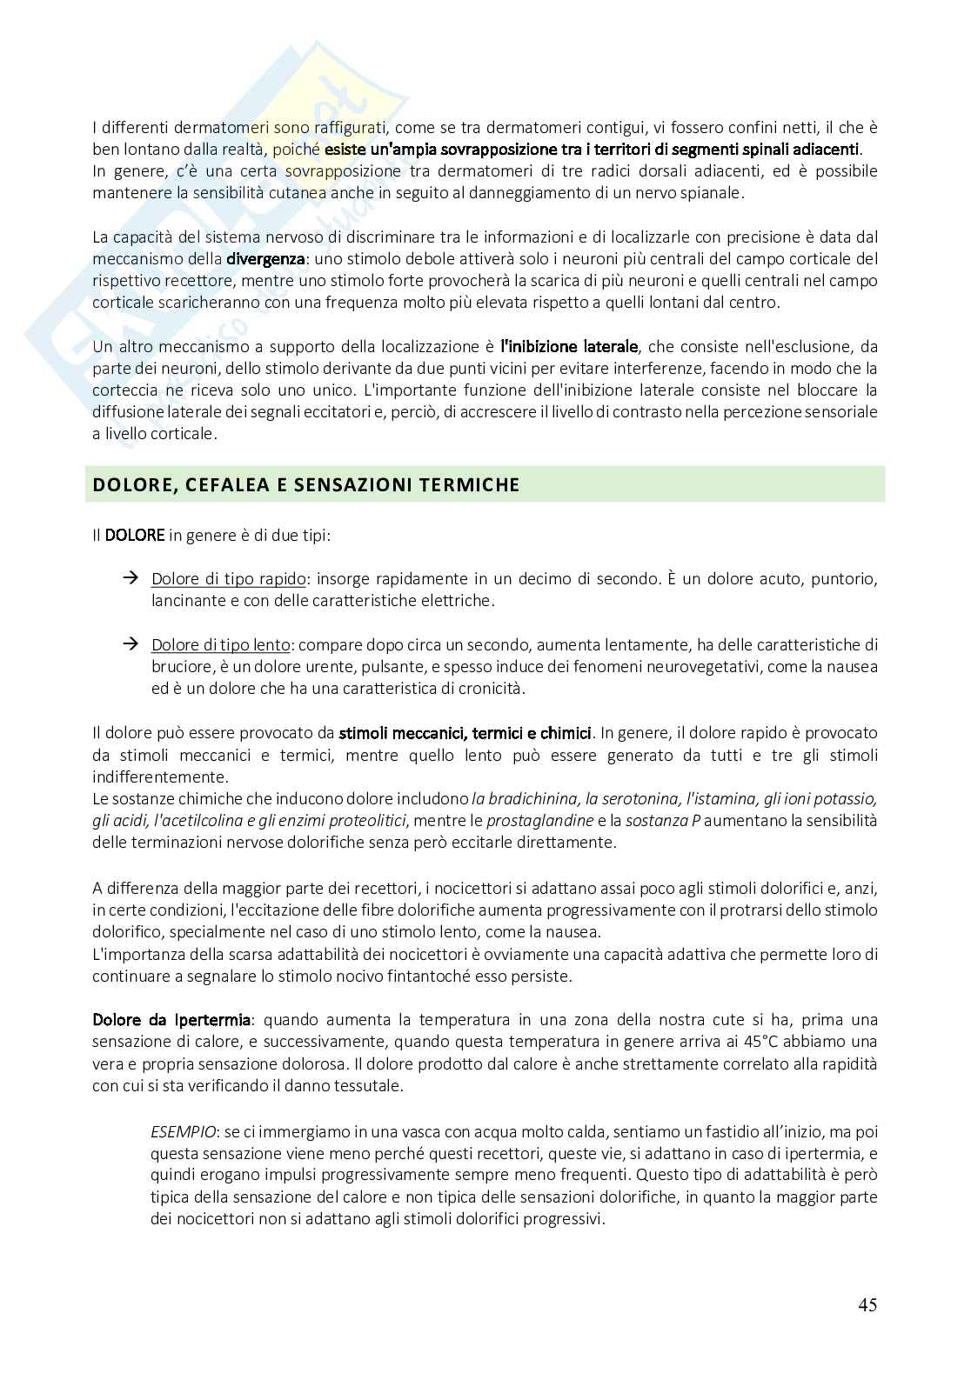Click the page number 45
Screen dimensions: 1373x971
(x=867, y=1304)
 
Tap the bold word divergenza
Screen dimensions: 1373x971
(x=266, y=259)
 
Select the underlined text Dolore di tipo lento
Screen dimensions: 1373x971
(x=221, y=645)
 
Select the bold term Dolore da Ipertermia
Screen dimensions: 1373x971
(x=172, y=1019)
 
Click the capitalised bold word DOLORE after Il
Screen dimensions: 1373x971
(x=135, y=536)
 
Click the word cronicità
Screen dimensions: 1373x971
(x=492, y=689)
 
